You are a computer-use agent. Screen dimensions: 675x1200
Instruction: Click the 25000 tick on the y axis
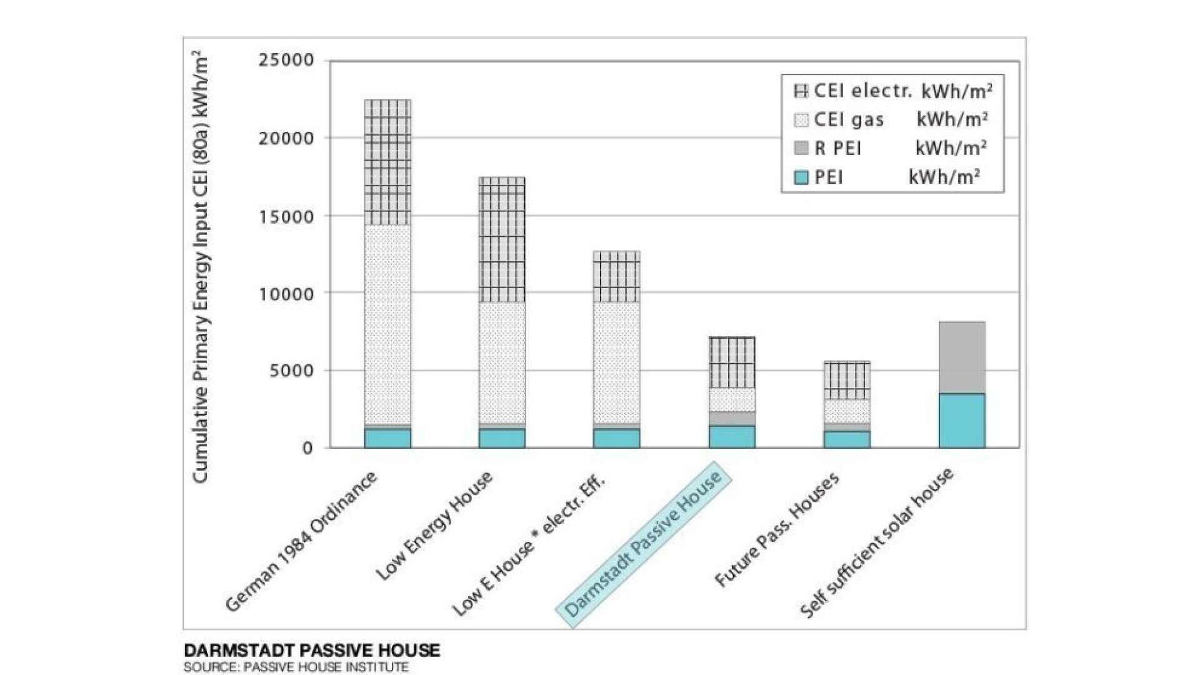pos(286,61)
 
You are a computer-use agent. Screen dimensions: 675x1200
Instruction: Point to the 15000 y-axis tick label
pos(286,217)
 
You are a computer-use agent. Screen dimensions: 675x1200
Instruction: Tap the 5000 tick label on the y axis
pos(291,371)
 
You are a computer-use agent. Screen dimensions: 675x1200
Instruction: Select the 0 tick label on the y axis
pos(307,448)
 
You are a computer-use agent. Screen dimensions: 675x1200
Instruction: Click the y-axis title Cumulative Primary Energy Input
pos(200,269)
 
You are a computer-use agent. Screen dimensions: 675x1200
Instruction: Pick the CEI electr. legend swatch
pos(801,91)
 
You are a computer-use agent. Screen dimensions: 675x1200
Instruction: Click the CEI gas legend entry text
pos(849,120)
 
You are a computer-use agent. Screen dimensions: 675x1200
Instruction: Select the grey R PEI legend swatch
pos(801,148)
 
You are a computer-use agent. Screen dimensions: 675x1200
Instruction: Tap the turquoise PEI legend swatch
pos(801,177)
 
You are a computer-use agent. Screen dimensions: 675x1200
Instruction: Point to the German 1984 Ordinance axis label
pos(301,541)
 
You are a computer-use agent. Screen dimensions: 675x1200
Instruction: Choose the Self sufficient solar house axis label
pos(876,542)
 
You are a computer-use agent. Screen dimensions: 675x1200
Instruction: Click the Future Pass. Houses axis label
pos(776,531)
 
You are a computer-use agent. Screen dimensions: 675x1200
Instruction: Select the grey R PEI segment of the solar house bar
pos(962,357)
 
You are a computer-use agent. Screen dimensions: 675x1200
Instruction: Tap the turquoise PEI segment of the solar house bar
pos(962,421)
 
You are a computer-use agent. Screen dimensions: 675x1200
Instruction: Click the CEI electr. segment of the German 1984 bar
pos(387,162)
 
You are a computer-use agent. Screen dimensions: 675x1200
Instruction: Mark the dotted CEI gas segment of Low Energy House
pos(502,362)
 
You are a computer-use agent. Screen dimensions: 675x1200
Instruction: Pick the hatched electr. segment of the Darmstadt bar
pos(732,362)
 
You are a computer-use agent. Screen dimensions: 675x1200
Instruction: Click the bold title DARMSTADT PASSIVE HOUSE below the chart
pos(312,651)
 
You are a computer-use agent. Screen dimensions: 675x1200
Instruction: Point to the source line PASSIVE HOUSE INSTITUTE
pos(296,667)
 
